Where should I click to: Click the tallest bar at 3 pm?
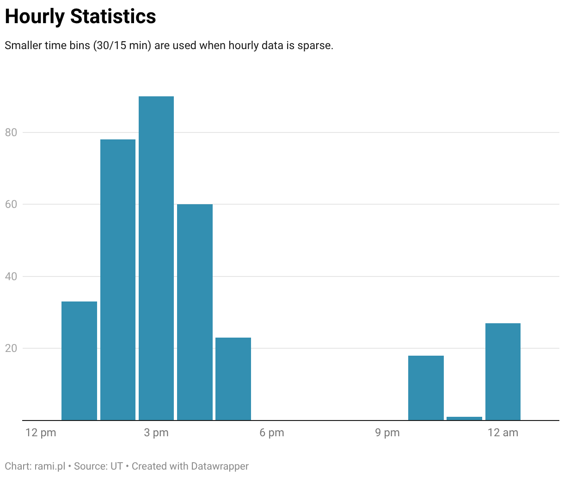click(156, 258)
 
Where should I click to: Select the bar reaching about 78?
click(118, 280)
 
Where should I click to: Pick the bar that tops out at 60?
click(195, 312)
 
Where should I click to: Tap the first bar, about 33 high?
click(79, 361)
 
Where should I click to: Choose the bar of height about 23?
click(233, 379)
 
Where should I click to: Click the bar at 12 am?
click(503, 371)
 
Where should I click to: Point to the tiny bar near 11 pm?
click(464, 418)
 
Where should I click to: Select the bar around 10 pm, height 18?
click(426, 388)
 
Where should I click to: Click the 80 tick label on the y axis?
click(11, 132)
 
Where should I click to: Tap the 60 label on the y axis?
click(11, 204)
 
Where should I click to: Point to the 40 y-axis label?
click(11, 276)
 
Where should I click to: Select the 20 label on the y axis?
click(11, 348)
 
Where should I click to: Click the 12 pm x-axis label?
click(41, 433)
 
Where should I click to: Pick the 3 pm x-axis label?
click(156, 433)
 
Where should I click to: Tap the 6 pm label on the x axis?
click(272, 433)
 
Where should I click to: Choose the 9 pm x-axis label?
click(387, 433)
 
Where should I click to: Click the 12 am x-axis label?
click(503, 433)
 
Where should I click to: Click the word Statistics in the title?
click(113, 16)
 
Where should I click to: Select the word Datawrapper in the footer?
click(220, 466)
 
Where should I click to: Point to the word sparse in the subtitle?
click(315, 45)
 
